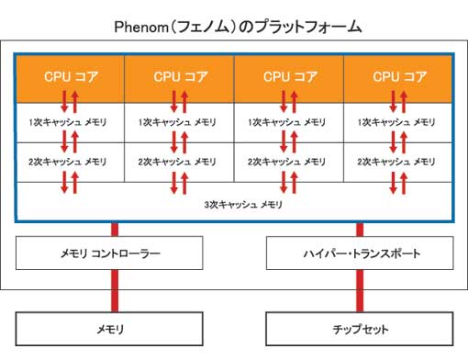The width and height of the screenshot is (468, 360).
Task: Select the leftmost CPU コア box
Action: coord(69,76)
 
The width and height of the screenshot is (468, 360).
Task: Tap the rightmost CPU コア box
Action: coord(399,76)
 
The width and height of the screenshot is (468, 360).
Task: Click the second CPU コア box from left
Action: coord(179,76)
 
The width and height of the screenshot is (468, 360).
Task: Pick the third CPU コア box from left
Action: coord(289,76)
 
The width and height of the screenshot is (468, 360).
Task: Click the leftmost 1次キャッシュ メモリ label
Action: coord(69,121)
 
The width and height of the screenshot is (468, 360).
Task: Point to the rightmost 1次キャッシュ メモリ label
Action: coord(399,121)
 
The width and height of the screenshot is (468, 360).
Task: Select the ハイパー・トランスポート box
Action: coord(359,252)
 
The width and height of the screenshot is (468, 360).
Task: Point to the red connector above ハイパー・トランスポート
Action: coord(359,228)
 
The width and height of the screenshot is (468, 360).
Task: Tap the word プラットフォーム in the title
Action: coord(311,28)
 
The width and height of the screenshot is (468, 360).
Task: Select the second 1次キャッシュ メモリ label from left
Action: coord(179,121)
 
